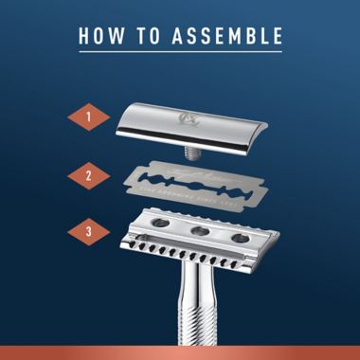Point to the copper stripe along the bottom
[180, 354]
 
